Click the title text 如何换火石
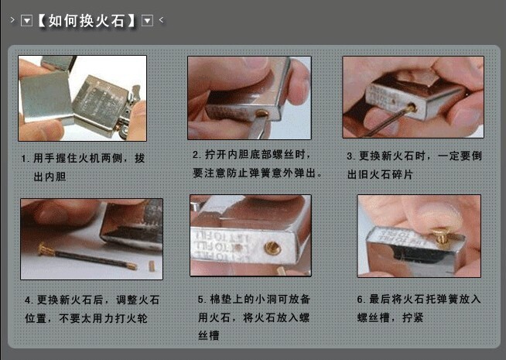point(87,20)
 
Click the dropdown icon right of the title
point(148,20)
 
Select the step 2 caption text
point(257,163)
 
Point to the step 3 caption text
point(413,165)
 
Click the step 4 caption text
point(92,308)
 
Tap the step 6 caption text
point(419,308)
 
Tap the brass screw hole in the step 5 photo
point(272,249)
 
